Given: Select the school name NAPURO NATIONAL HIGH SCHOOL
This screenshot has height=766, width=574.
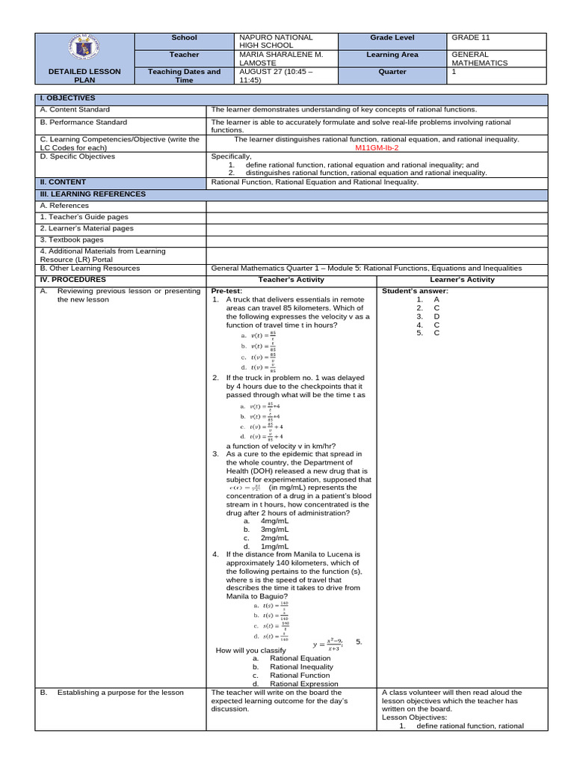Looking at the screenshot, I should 274,42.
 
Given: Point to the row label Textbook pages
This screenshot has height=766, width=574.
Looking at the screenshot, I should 72,240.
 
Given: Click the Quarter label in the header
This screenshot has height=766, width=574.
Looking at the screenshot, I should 392,72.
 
